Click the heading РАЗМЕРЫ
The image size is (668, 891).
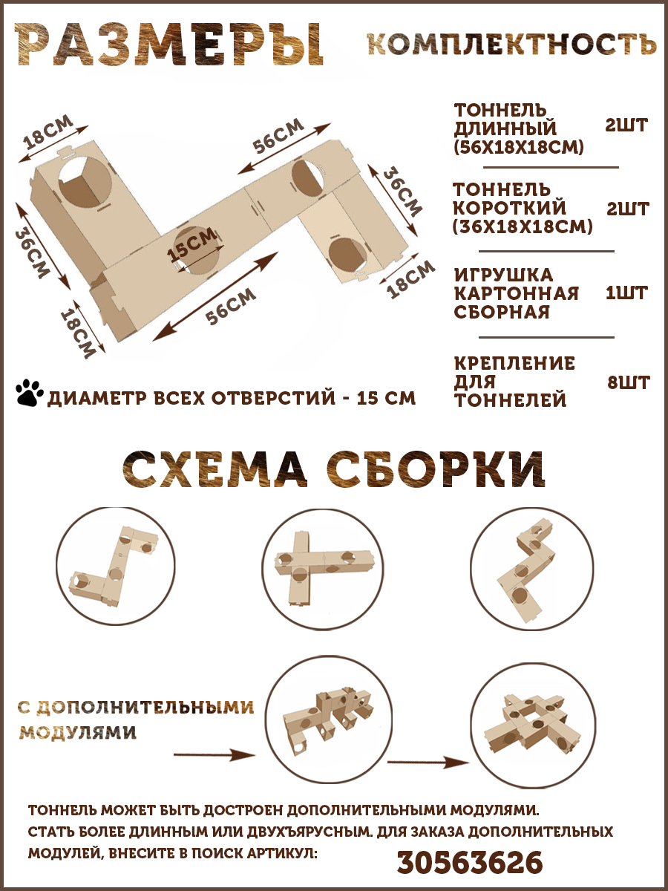(x=169, y=45)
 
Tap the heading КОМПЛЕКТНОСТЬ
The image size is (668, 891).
(x=511, y=45)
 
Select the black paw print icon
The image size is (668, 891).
(x=29, y=393)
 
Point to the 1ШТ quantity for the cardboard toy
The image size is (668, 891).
(x=626, y=293)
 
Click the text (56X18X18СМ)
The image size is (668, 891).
(x=519, y=147)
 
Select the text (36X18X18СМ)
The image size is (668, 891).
(x=523, y=226)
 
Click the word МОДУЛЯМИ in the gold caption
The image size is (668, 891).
(x=77, y=733)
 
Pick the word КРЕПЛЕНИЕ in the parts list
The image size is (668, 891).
(x=514, y=363)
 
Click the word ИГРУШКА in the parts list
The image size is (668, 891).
(x=503, y=275)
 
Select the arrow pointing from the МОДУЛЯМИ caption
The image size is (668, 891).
(x=215, y=754)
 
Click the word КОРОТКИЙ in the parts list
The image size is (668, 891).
(x=509, y=208)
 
